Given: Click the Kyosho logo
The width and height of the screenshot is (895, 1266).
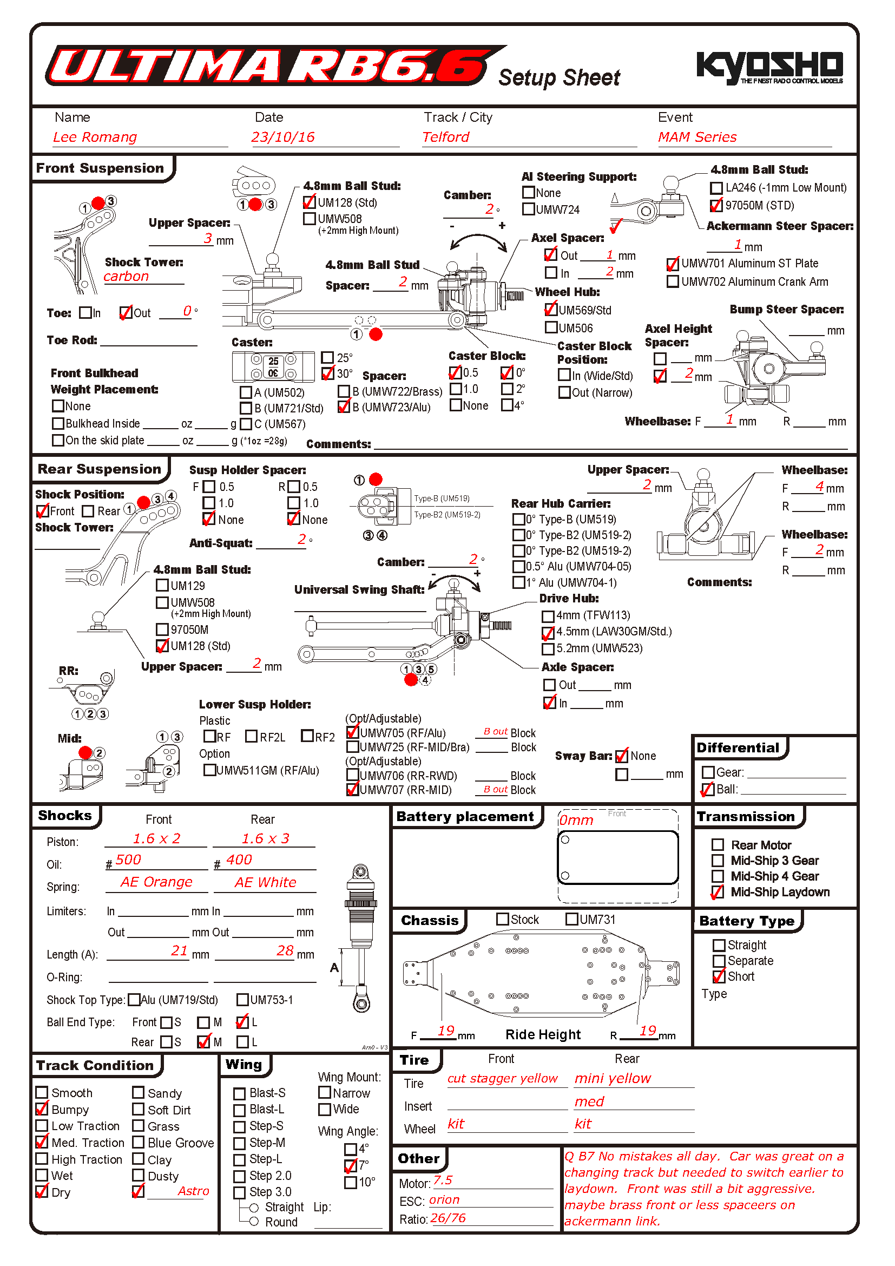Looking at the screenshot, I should coord(769,67).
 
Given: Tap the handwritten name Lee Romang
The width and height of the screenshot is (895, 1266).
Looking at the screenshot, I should coord(95,137).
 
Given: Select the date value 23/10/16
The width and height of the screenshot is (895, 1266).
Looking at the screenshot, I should coord(282,137).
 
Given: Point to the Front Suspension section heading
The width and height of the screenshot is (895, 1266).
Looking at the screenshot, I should coord(100,168).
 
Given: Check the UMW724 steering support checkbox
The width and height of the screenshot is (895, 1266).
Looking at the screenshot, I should coord(529,209).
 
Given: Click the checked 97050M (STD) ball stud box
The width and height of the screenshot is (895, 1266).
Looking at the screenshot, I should coord(716,206).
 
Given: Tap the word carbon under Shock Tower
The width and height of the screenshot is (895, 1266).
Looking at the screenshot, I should coord(126,277).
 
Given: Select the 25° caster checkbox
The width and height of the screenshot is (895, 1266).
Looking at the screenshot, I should coord(327,358).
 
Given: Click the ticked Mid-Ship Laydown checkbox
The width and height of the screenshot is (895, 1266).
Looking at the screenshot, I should coord(718,892).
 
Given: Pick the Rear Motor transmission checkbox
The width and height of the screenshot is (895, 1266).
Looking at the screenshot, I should coord(718,845).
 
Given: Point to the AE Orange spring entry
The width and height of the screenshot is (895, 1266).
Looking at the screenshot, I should coord(156,882).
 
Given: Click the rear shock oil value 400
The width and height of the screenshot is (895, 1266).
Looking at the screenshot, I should coord(239,860).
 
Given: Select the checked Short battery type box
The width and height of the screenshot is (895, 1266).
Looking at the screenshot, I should coord(719,976).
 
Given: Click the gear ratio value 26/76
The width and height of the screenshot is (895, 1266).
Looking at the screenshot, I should coord(448,1218).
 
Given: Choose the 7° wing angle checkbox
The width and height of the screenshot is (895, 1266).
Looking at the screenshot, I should coord(351,1166).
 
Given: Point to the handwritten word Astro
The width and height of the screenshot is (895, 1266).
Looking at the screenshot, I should coord(193,1191).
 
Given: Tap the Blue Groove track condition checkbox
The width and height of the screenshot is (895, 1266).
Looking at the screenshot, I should coord(139,1142).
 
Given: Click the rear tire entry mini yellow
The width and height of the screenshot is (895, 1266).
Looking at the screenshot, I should coord(613,1079).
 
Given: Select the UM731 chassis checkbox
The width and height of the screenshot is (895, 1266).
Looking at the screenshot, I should coord(571,919).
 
